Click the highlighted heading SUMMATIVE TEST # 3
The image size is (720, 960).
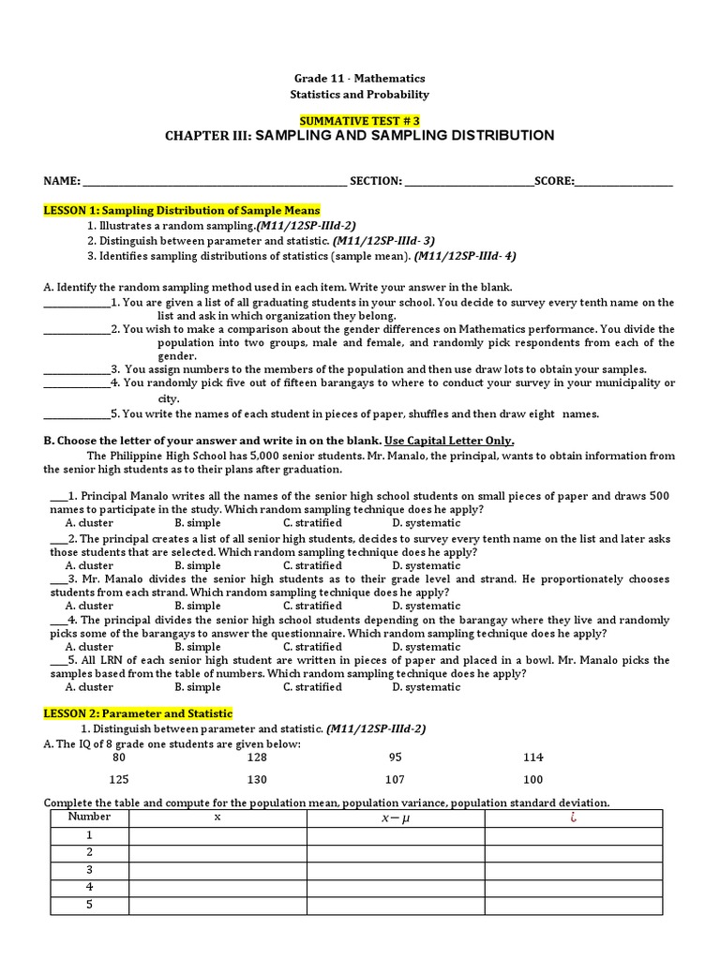point(359,120)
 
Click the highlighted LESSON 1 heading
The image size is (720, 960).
point(182,210)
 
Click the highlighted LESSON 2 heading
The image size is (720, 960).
point(138,713)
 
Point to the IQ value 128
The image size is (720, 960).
point(257,757)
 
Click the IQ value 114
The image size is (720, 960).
point(533,757)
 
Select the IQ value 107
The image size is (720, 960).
point(395,780)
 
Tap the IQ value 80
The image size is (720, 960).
point(119,757)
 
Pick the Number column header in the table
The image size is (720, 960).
point(90,817)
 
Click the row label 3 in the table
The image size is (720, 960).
point(90,869)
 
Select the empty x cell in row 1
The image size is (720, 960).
point(218,835)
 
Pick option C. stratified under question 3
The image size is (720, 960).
point(312,606)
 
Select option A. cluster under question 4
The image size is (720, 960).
point(89,647)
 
